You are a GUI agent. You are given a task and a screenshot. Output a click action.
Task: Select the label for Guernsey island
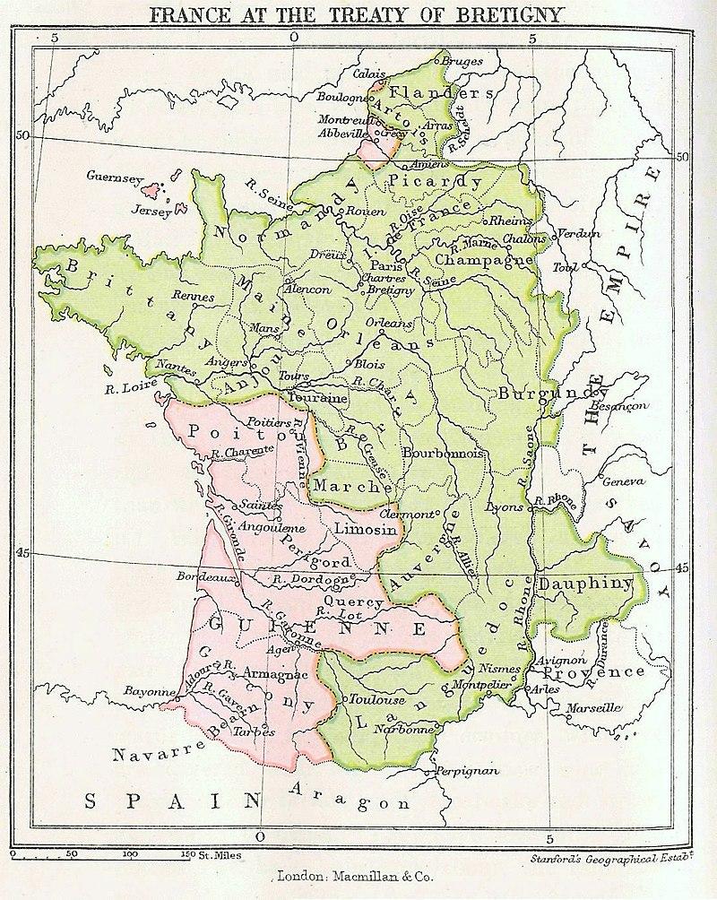[114, 177]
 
